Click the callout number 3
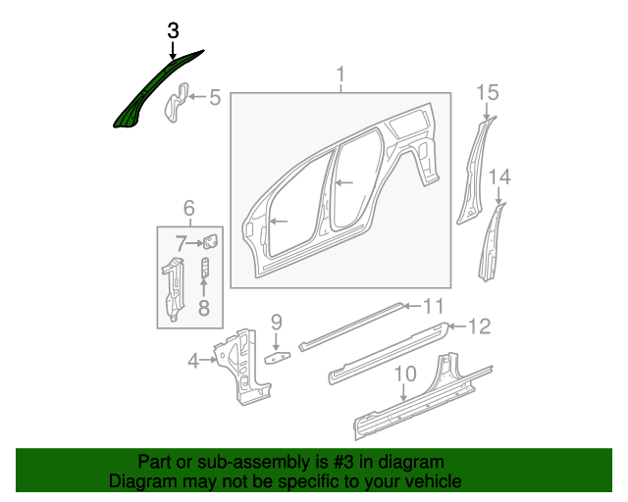(173, 30)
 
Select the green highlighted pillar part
(147, 93)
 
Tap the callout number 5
(215, 98)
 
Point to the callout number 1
(341, 75)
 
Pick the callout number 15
(488, 93)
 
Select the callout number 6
(188, 207)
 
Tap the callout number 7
(182, 243)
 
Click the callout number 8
(204, 310)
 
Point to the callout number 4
(194, 360)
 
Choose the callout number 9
(277, 321)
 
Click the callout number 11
(433, 305)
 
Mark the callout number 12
(478, 326)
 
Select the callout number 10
(404, 374)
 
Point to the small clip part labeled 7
(209, 241)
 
